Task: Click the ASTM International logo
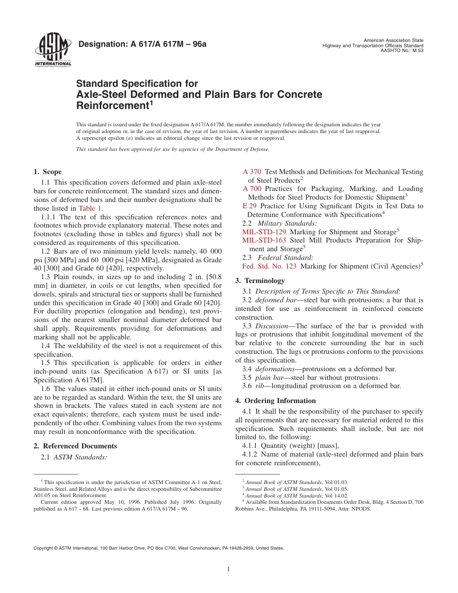click(53, 51)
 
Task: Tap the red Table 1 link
click(90, 208)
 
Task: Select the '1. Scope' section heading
click(48, 172)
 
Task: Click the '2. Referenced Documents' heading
click(75, 446)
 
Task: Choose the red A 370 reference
click(252, 172)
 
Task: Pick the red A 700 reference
click(252, 189)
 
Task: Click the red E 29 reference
click(249, 206)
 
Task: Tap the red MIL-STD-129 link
click(264, 232)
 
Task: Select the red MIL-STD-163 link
click(264, 240)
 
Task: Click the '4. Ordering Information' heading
click(276, 401)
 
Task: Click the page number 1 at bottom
click(229, 569)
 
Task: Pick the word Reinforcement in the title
click(111, 105)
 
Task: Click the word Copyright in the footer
click(43, 548)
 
